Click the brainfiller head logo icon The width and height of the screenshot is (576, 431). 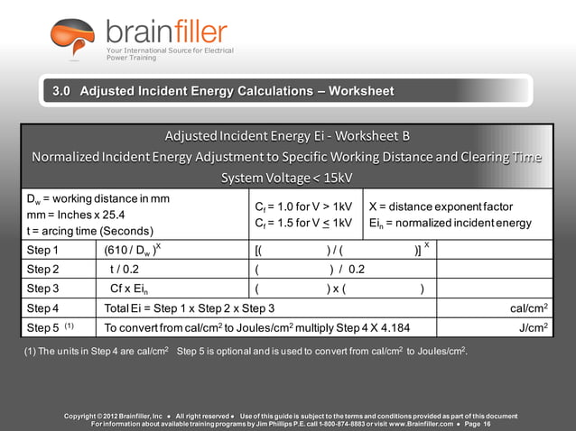pyautogui.click(x=72, y=40)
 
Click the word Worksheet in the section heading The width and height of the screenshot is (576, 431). pyautogui.click(x=361, y=91)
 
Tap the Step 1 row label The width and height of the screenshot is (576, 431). pyautogui.click(x=42, y=250)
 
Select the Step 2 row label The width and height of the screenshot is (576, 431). pyautogui.click(x=42, y=269)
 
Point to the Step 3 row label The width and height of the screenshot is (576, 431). pyautogui.click(x=42, y=289)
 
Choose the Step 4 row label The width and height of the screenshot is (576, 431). pyautogui.click(x=42, y=308)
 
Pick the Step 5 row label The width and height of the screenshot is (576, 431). pyautogui.click(x=42, y=327)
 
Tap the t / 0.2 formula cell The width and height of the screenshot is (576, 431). pyautogui.click(x=125, y=269)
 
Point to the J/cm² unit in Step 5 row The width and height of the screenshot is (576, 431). pyautogui.click(x=534, y=327)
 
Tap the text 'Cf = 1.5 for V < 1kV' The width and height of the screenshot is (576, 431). pyautogui.click(x=303, y=223)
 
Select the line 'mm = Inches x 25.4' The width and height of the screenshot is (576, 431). pyautogui.click(x=76, y=215)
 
